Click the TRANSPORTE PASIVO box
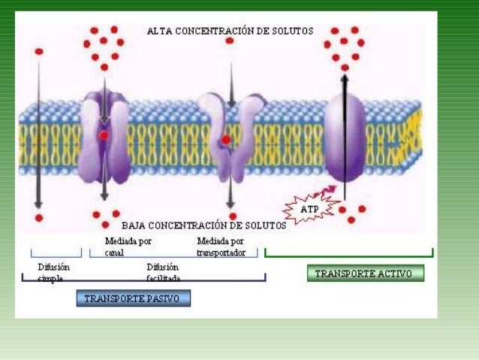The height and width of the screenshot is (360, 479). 133,298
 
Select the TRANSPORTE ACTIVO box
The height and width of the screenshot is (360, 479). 366,274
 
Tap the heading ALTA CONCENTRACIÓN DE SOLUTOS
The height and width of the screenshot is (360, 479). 230,31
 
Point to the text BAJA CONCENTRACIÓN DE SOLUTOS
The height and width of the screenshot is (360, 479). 204,225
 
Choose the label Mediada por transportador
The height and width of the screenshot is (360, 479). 221,247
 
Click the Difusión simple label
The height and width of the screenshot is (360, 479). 55,272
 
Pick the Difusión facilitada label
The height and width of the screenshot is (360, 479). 163,272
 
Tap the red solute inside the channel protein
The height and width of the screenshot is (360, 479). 104,135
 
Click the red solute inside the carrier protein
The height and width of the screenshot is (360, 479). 226,139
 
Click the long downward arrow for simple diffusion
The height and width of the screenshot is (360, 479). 38,135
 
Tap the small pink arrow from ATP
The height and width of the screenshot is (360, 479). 327,192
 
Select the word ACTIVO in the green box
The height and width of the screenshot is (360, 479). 393,274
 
